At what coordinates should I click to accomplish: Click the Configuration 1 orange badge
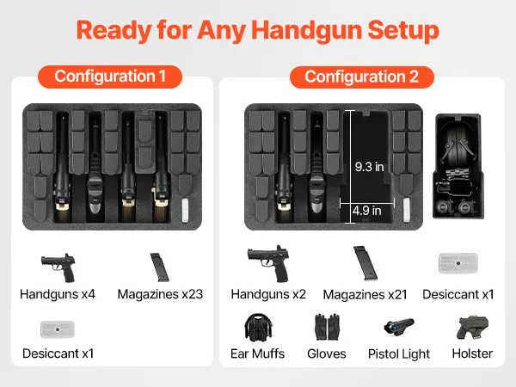click(110, 77)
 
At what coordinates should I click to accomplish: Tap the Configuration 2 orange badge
click(362, 77)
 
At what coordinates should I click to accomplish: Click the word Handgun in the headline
click(307, 31)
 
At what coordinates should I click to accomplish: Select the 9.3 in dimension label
click(369, 167)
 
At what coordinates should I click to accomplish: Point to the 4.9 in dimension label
click(366, 211)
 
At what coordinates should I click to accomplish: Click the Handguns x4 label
click(58, 294)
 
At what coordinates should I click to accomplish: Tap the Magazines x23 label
click(160, 294)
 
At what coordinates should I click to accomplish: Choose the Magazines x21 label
click(365, 295)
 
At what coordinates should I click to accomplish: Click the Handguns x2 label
click(268, 294)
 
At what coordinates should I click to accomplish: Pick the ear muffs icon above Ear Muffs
click(258, 327)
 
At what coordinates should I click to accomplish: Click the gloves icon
click(327, 327)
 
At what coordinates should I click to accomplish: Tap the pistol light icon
click(399, 327)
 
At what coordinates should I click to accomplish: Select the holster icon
click(472, 328)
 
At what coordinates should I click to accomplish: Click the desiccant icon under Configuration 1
click(58, 329)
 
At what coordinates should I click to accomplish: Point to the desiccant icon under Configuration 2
click(458, 263)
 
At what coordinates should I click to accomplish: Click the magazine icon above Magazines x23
click(159, 267)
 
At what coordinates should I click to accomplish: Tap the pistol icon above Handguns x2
click(268, 264)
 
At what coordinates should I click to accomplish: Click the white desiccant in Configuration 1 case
click(185, 210)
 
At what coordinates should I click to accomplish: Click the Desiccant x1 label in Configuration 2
click(458, 294)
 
